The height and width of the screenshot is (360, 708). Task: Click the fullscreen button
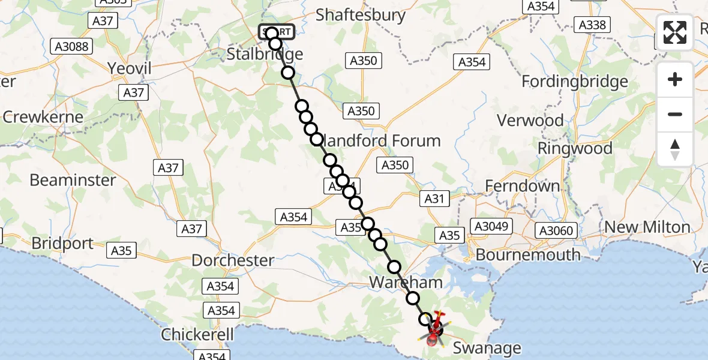(x=675, y=32)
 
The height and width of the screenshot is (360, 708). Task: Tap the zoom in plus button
(x=675, y=79)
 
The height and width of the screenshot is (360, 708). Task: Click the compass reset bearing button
(x=675, y=149)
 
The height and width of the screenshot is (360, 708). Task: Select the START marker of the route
(x=277, y=32)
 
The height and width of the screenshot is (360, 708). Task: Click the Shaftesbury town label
(x=361, y=15)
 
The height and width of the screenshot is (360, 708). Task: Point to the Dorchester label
(x=233, y=260)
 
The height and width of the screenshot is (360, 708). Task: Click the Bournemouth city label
(x=528, y=254)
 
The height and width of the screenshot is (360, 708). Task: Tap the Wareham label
(x=406, y=282)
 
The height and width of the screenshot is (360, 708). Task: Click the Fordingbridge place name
(x=575, y=81)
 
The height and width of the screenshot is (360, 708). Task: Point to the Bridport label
(x=63, y=243)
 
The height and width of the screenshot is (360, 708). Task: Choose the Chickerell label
(x=197, y=335)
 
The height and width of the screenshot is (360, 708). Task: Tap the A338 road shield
(x=592, y=25)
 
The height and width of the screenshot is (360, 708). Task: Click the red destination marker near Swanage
(x=433, y=339)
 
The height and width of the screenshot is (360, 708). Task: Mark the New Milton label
(x=647, y=227)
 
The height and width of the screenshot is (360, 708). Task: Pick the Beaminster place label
(x=73, y=179)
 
